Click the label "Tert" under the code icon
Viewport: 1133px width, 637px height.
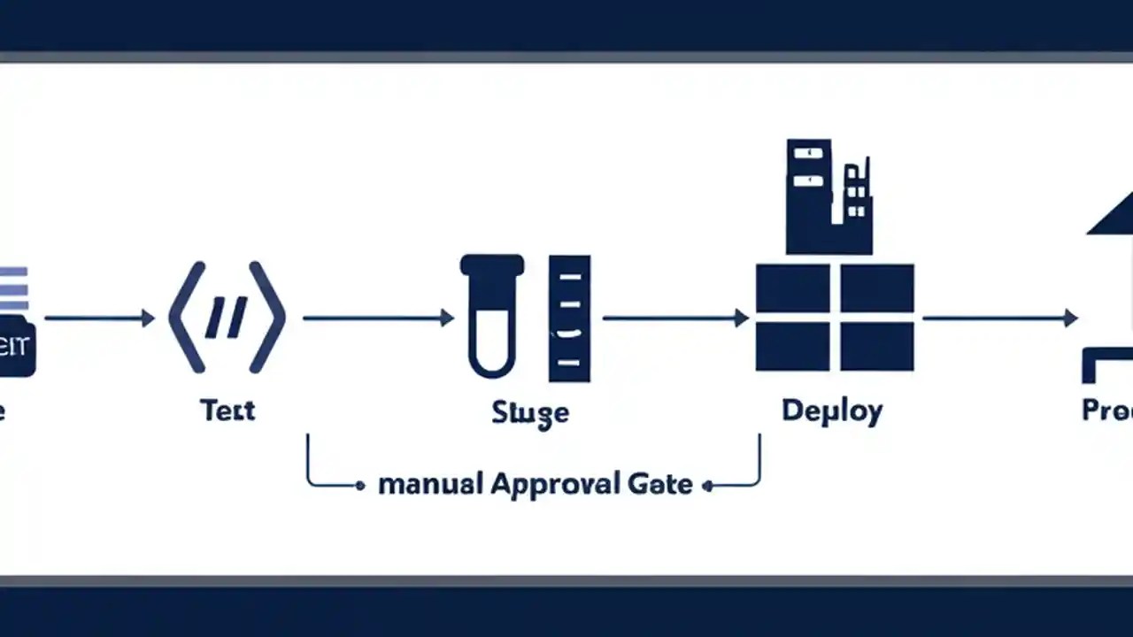tap(227, 411)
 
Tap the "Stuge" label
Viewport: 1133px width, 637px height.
tap(530, 413)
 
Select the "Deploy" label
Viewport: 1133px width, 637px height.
tap(832, 411)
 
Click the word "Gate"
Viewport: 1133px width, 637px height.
tap(659, 485)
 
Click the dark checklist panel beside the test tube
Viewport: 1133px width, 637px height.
tap(569, 318)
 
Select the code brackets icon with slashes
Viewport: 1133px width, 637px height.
tap(227, 317)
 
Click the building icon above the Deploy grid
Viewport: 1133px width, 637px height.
tap(828, 196)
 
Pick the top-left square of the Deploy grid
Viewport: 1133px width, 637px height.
tap(792, 288)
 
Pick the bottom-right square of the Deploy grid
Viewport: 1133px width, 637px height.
tap(876, 346)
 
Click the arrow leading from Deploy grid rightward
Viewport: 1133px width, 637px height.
tap(999, 318)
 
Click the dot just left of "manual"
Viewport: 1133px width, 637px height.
tap(359, 486)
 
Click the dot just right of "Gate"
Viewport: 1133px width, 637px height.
tap(706, 486)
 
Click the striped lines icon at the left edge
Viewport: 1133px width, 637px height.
tap(13, 288)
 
